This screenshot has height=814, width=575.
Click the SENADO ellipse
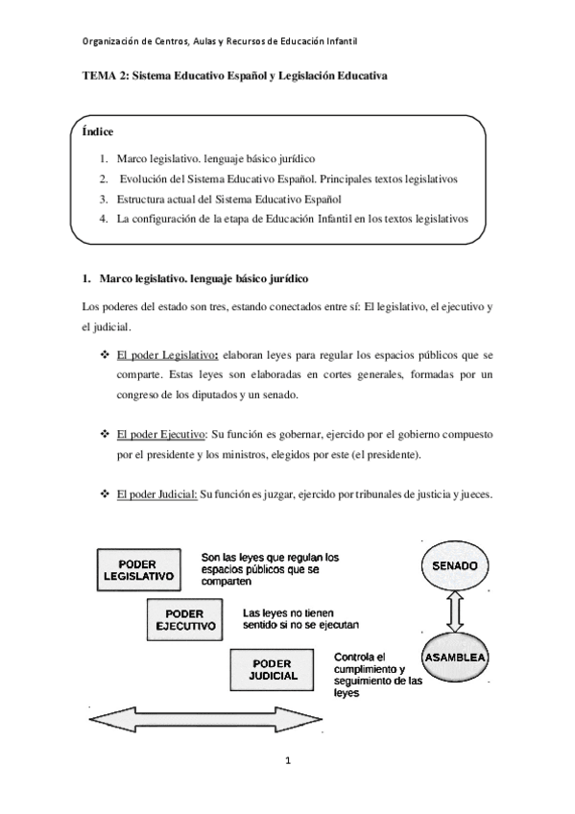click(x=455, y=565)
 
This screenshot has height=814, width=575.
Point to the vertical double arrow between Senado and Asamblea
click(x=457, y=611)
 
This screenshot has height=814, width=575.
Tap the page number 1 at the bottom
click(x=287, y=761)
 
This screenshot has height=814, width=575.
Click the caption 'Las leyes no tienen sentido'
click(x=300, y=617)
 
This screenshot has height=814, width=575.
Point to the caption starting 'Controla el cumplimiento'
click(x=377, y=675)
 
